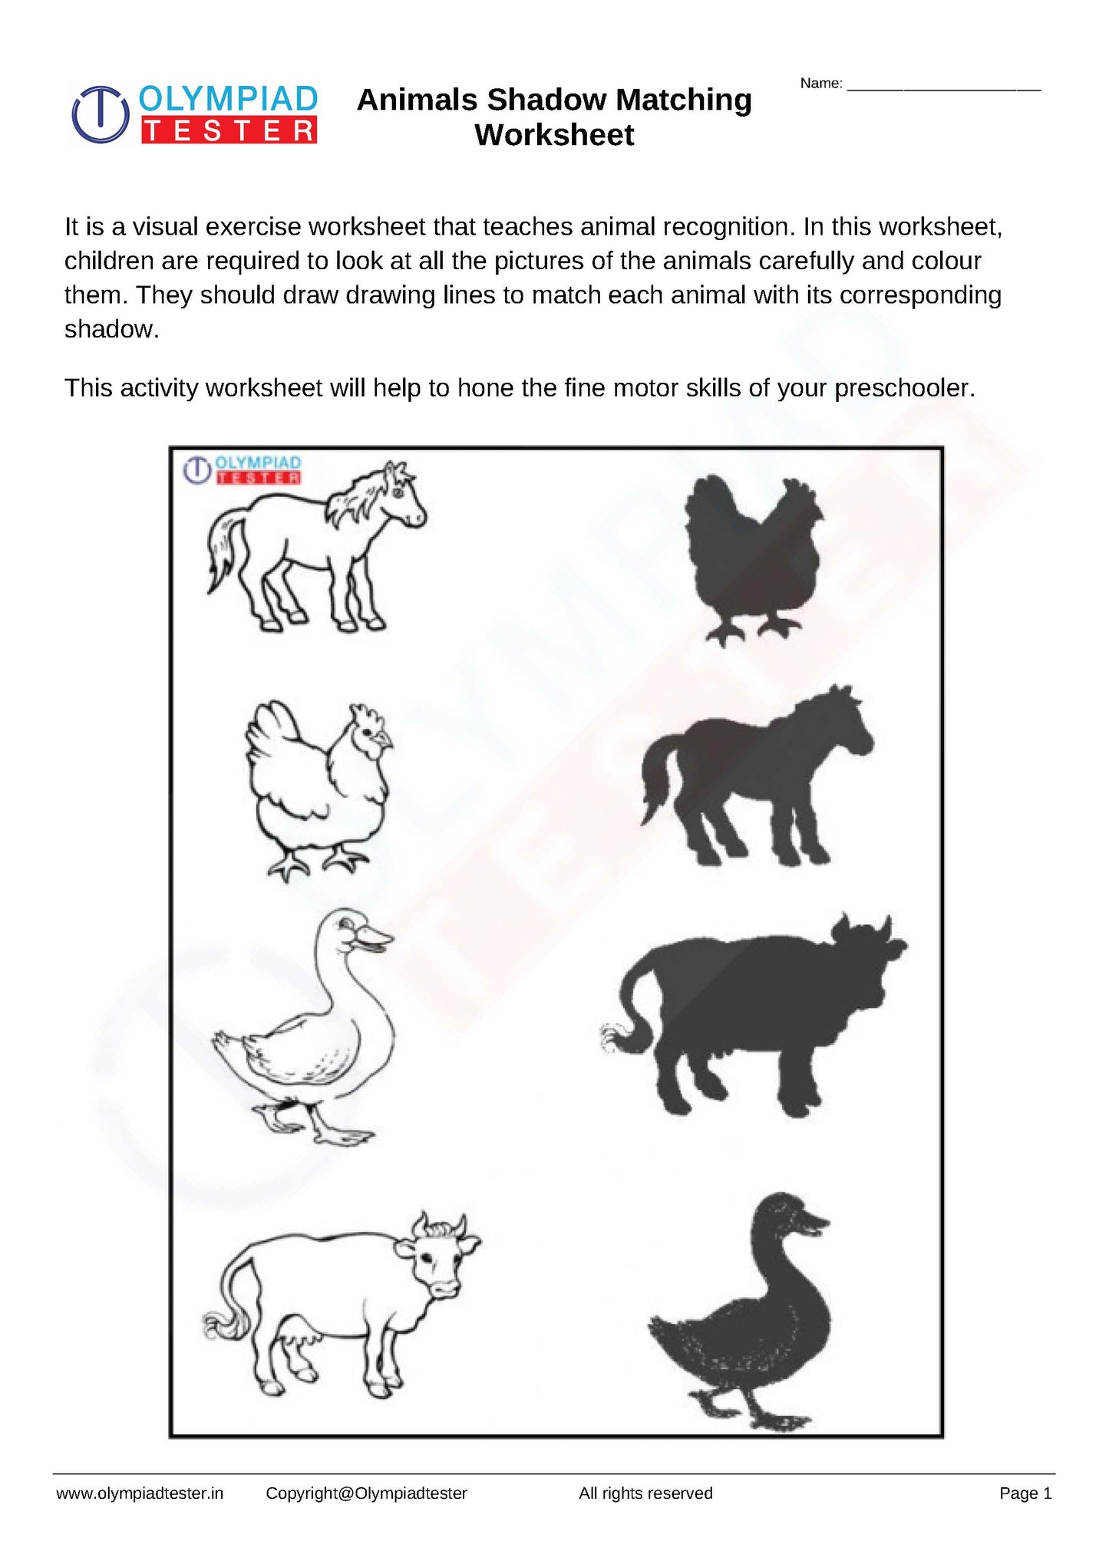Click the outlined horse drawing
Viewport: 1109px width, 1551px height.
315,548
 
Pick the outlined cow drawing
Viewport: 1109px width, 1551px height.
338,1304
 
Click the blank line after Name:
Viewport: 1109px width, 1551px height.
943,84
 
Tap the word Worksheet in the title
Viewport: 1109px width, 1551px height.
554,135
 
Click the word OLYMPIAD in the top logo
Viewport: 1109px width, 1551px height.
229,100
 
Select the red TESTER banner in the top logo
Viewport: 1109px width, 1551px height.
229,131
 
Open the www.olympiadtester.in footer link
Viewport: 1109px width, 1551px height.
140,1493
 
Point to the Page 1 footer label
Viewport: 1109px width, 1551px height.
1025,1493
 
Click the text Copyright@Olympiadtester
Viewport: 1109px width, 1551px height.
366,1493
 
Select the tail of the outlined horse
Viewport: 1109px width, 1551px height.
223,552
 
